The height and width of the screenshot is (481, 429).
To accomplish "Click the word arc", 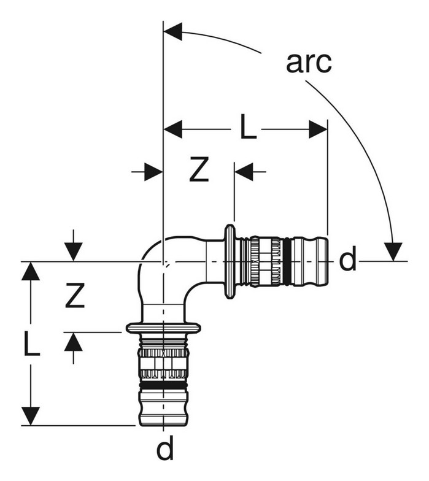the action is pos(309,63).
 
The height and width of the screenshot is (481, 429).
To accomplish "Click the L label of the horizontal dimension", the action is pos(248,126).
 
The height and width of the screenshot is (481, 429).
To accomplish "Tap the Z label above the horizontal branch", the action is pos(199,169).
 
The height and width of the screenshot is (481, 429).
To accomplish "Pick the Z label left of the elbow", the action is pos(75,296).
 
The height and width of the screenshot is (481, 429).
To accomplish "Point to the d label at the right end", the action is pos(347,258).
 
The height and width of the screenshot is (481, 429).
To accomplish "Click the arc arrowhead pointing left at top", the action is pos(173,31).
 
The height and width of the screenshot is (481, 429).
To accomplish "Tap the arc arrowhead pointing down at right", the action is pos(393,252).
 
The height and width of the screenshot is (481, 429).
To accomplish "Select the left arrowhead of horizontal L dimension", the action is pos(173,129).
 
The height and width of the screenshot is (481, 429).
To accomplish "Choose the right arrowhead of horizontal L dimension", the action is pos(318,129).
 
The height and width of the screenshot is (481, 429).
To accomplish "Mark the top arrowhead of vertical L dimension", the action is pos(31,271).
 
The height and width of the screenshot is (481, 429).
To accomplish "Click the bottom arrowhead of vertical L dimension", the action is pos(31,416).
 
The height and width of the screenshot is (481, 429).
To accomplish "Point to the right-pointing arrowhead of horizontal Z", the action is pos(153,172).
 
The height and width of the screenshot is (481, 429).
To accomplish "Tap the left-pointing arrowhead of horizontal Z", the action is pos(244,172).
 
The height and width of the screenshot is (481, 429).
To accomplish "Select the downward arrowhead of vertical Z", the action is pos(74,252).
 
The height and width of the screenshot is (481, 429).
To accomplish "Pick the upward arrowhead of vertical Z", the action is pos(74,342).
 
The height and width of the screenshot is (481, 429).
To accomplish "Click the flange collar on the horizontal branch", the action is pos(230,261).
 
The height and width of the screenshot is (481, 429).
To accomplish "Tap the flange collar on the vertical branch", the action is pos(163,328).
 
